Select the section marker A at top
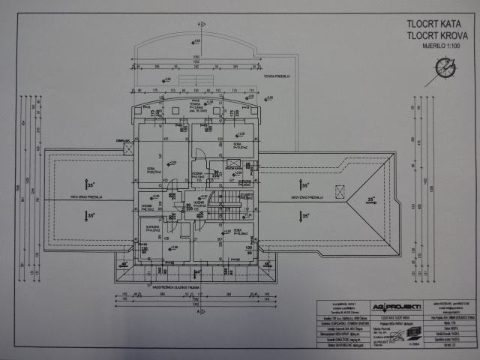pos(199,23)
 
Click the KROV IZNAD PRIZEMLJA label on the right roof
pos(307,197)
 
